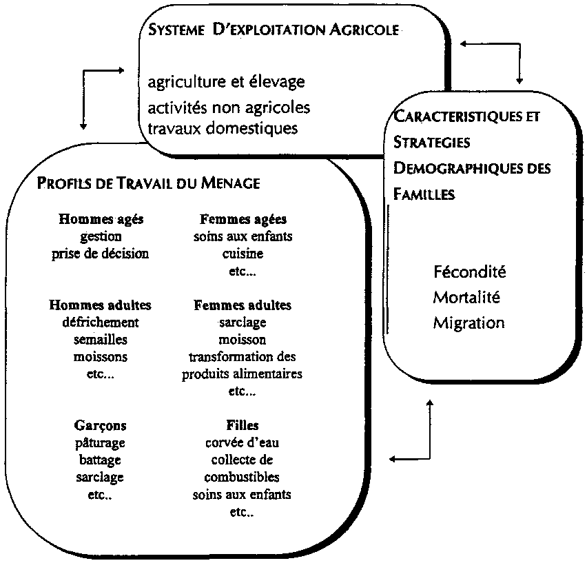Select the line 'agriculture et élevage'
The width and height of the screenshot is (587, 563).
point(226,82)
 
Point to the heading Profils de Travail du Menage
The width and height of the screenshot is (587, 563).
point(148,183)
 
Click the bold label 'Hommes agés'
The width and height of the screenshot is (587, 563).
point(101,220)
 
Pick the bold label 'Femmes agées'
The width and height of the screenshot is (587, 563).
point(243,220)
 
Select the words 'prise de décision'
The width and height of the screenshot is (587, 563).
point(100,253)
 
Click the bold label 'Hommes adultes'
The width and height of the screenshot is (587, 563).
point(101,305)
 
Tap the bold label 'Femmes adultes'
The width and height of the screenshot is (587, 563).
point(243,305)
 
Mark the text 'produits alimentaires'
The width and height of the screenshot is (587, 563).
point(242,374)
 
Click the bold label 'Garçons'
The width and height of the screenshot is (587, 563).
point(101,425)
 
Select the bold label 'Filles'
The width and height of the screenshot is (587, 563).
point(242,425)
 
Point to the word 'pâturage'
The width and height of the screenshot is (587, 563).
point(101,442)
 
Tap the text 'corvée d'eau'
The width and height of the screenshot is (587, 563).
point(242,442)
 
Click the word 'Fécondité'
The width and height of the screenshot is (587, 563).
point(470,272)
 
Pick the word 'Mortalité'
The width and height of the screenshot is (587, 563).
point(466,297)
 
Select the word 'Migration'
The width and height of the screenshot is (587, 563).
point(468,323)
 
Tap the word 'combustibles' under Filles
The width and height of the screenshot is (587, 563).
point(242,477)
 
